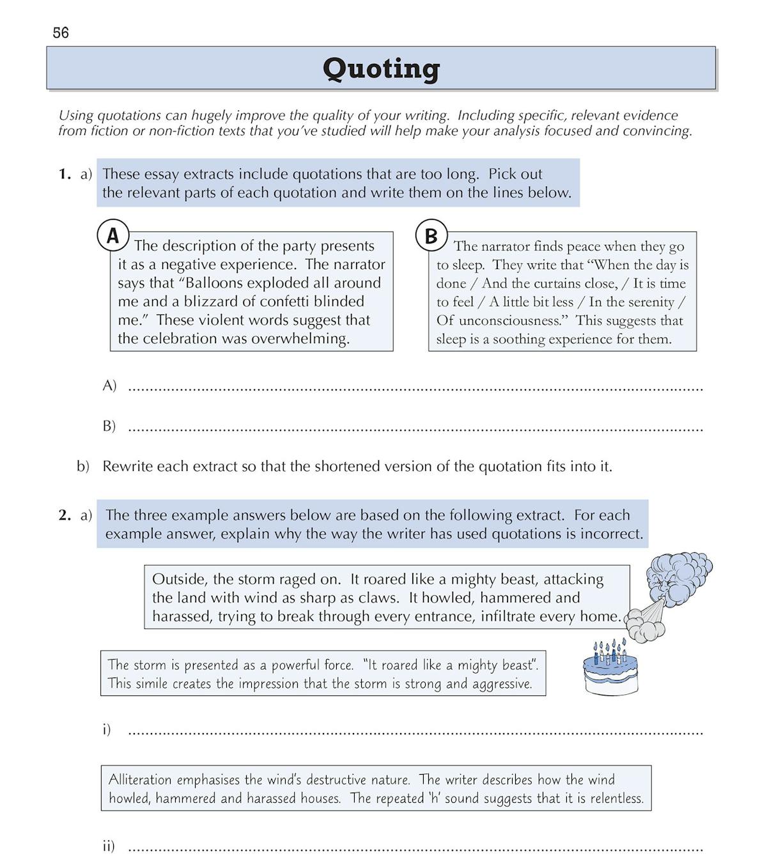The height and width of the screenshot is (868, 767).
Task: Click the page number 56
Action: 61,33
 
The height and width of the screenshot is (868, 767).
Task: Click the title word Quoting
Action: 381,68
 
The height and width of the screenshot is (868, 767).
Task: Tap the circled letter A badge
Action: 113,236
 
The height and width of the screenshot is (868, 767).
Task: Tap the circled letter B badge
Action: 431,236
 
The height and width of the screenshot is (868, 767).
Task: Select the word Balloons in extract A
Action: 217,283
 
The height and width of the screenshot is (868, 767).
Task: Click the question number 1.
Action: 64,174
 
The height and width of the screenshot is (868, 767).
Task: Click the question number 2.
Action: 64,515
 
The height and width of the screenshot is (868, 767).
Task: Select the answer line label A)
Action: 109,385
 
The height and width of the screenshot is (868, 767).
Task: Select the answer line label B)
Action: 109,426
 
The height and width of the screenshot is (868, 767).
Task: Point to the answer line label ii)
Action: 109,846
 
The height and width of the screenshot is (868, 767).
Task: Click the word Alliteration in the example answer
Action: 140,780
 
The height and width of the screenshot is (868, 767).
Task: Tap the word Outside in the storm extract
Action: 179,580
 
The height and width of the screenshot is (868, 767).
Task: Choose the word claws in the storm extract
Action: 381,598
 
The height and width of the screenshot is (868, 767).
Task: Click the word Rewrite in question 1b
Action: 128,467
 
